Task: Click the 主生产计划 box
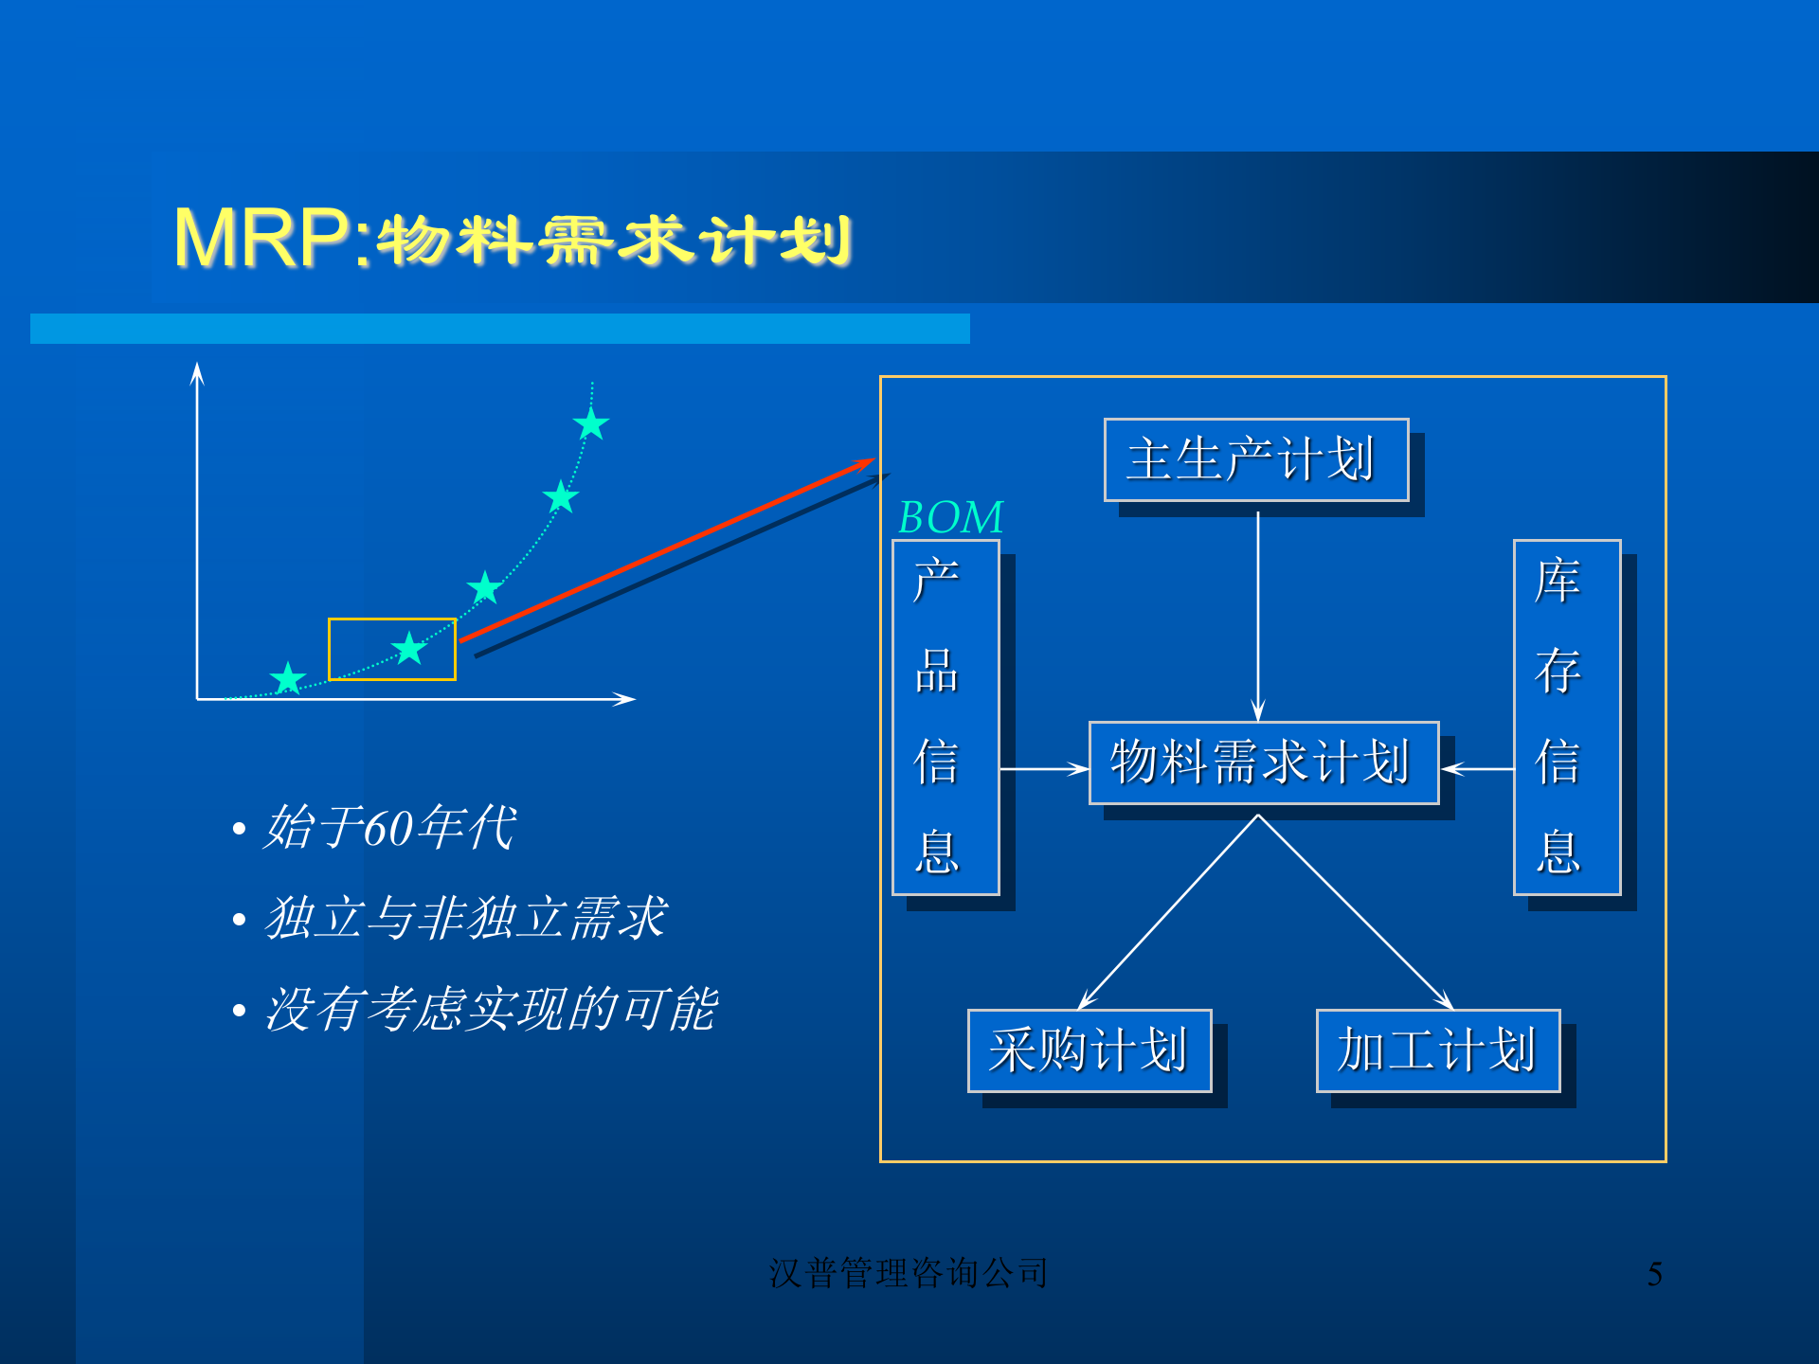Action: coord(1255,459)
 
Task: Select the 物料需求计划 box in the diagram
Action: coord(1263,763)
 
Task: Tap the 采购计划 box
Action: coord(1089,1050)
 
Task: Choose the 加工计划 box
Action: coord(1437,1050)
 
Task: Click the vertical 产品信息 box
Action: coord(945,717)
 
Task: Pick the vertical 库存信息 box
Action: coord(1566,717)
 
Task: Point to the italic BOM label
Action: coord(950,517)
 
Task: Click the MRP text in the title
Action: coord(262,238)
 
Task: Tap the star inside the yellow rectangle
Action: coord(409,649)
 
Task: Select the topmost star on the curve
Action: coord(591,423)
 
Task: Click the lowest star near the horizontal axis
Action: coord(288,678)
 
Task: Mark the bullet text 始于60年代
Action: coord(389,827)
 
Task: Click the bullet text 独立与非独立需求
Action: coord(465,918)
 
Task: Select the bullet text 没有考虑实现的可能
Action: coord(490,1009)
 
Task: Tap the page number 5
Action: coord(1654,1274)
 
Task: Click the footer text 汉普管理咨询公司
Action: coord(908,1273)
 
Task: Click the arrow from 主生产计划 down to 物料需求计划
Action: coord(1258,616)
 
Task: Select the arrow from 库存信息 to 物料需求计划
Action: coord(1478,769)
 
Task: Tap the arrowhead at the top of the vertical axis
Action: coord(197,373)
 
